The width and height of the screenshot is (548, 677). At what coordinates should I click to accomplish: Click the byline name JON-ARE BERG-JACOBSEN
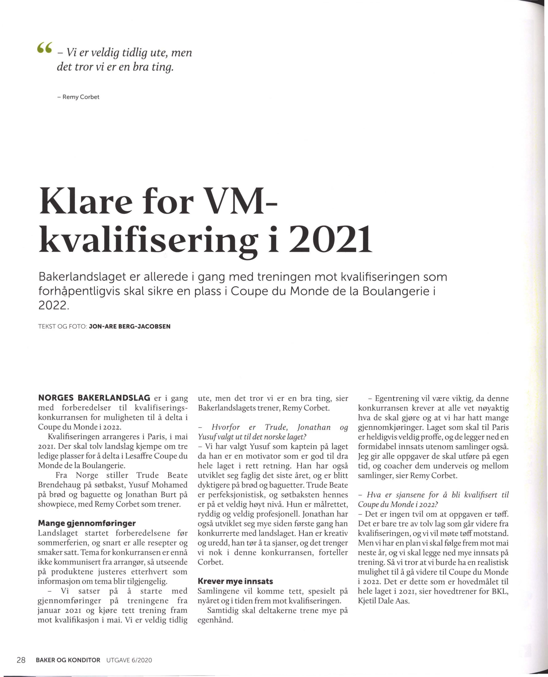(130, 326)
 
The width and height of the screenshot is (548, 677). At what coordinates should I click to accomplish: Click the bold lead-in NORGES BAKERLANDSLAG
(94, 398)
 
